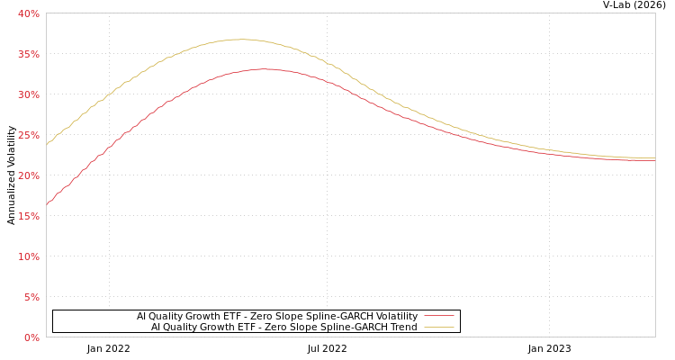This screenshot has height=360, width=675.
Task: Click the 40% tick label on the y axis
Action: coord(29,13)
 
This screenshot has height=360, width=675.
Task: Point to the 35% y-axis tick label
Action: coord(29,54)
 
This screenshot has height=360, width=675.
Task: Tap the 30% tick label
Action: coord(29,94)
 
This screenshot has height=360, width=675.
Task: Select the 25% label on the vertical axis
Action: coord(29,135)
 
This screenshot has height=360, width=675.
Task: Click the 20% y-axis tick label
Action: coord(29,175)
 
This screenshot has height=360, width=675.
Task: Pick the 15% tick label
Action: coord(29,216)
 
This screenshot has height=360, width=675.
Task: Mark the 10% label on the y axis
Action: coord(29,256)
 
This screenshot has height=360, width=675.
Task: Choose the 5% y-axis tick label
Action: coord(31,297)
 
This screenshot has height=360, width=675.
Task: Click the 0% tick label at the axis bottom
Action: coord(31,337)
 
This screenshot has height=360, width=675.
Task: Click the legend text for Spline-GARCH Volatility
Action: coord(277,317)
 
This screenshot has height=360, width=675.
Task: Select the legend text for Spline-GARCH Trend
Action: coord(284,328)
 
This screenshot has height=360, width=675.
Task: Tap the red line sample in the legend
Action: coord(439,317)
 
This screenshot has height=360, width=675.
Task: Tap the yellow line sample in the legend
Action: coord(439,328)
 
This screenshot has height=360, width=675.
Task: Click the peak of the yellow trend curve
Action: coord(241,39)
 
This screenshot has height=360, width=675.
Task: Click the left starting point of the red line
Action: coord(47,204)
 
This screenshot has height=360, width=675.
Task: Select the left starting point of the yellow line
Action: coord(47,144)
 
